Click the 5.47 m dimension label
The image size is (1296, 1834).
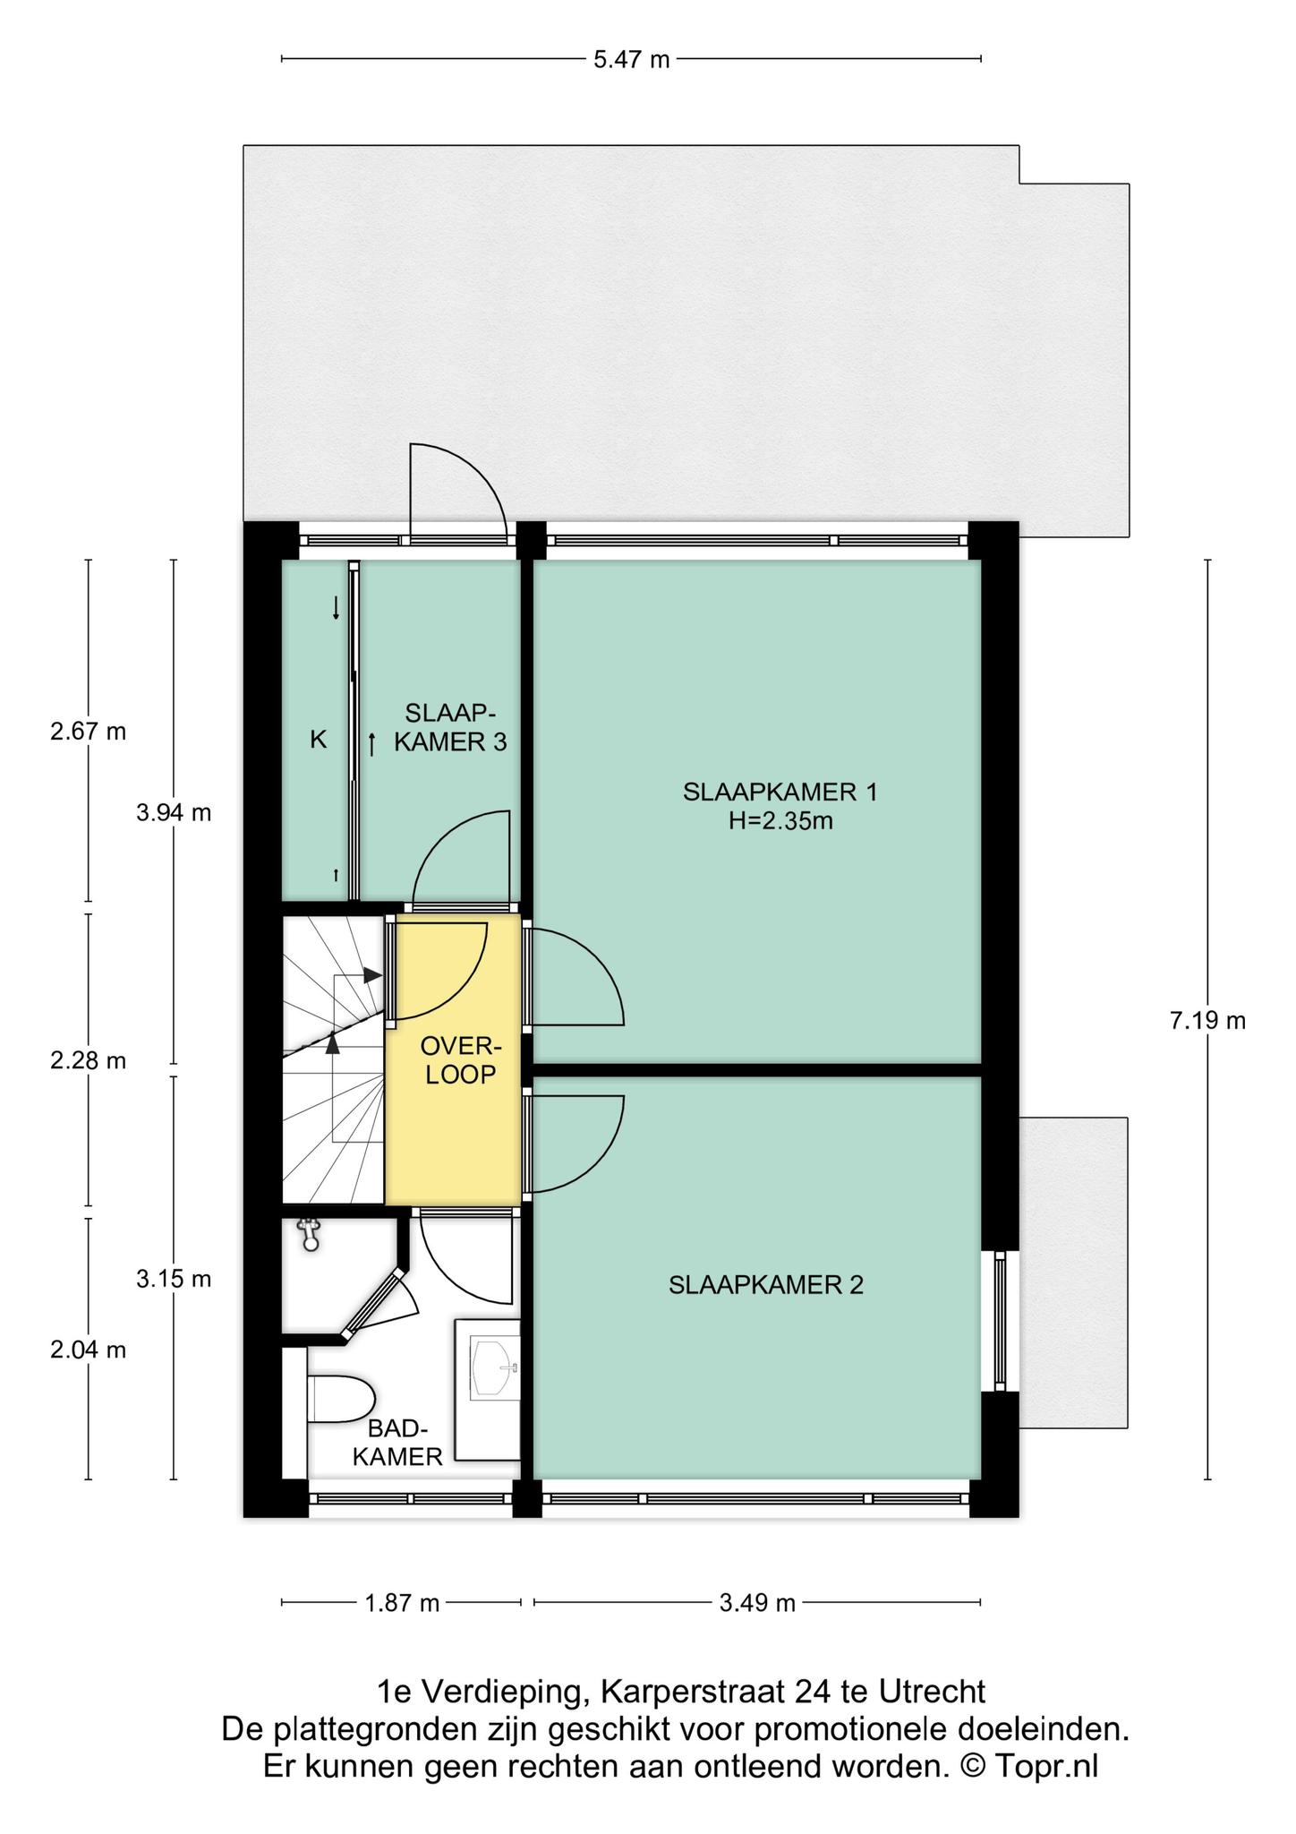(631, 60)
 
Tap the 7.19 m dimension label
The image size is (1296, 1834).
(1207, 1021)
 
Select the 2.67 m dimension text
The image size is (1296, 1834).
(88, 732)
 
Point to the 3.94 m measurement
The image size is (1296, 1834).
(174, 813)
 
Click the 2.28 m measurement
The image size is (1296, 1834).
(88, 1061)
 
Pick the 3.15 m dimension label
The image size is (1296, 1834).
(174, 1279)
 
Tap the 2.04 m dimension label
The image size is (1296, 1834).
(88, 1350)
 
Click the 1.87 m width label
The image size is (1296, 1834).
(402, 1603)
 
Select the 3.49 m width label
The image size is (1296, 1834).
(757, 1603)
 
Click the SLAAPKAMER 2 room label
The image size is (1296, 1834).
(766, 1285)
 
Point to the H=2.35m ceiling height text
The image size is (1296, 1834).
(780, 820)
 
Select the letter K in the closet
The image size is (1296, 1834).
(318, 740)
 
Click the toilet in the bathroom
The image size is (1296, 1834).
(340, 1399)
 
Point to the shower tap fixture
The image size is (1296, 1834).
(310, 1234)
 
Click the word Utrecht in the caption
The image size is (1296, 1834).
(932, 1692)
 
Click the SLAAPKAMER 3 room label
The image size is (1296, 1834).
(450, 727)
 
